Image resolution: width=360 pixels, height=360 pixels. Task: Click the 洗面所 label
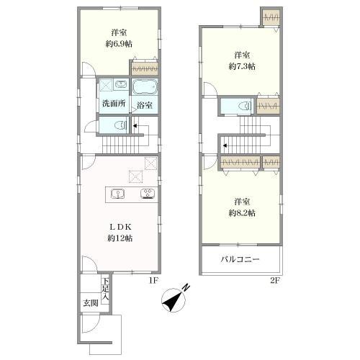[114, 104]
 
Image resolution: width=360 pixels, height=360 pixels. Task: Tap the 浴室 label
[145, 105]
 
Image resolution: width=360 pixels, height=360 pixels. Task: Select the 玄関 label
[91, 303]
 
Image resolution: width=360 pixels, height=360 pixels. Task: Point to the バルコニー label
[240, 259]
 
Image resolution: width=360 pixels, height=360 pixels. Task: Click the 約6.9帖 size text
[119, 44]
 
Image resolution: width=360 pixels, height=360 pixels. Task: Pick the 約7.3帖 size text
[242, 66]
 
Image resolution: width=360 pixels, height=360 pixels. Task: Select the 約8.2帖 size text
[242, 213]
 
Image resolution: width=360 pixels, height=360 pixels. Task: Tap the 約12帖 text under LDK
[120, 238]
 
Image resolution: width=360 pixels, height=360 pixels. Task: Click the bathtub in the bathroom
[145, 87]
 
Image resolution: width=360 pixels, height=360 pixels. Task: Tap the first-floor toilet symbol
[121, 125]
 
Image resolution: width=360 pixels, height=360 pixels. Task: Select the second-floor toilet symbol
[246, 106]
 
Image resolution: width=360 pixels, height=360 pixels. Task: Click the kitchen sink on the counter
[117, 194]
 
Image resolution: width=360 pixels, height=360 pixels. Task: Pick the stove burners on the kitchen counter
[148, 194]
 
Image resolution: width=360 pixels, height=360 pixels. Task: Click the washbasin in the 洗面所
[121, 85]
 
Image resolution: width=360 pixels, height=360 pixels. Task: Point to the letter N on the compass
[186, 287]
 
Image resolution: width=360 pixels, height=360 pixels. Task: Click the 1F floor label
[153, 280]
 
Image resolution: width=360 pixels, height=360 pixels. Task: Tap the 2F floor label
[275, 280]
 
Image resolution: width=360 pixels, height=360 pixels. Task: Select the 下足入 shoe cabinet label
[105, 289]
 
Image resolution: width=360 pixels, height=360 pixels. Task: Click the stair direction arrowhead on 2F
[225, 145]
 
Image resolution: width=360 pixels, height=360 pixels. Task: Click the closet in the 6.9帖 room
[145, 68]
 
